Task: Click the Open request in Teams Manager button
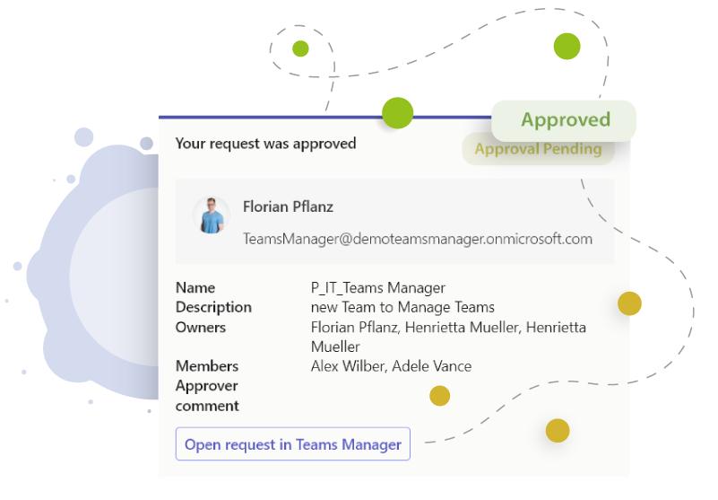tap(292, 444)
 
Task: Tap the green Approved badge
tap(565, 120)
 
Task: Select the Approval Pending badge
tap(538, 149)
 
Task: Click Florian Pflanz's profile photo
tap(212, 215)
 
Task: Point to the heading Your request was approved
tap(265, 143)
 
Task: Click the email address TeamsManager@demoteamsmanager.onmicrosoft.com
tap(418, 239)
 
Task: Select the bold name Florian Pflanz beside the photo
tap(288, 206)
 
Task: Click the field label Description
tap(213, 307)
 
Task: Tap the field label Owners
tap(201, 327)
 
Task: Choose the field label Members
tap(207, 366)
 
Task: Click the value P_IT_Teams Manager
tap(377, 287)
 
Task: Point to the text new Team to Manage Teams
tap(402, 307)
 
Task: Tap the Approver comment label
tap(207, 396)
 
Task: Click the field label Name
tap(195, 287)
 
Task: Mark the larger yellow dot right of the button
tap(558, 431)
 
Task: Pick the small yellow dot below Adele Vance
tap(439, 396)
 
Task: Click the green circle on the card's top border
tap(397, 114)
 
